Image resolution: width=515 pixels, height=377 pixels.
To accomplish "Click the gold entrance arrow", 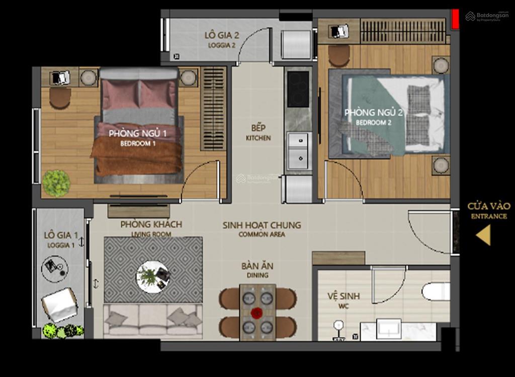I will [484, 235].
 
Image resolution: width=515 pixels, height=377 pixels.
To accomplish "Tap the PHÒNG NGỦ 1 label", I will [138, 134].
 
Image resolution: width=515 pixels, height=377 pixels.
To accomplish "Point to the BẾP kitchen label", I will [259, 128].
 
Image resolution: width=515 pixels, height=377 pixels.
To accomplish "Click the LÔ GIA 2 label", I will [222, 36].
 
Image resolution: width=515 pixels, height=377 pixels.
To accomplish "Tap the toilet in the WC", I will [436, 291].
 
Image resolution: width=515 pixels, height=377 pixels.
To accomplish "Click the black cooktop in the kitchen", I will [298, 89].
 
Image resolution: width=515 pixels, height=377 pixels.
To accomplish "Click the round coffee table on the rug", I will [153, 276].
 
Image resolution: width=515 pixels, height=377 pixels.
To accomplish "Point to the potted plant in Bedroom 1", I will [56, 182].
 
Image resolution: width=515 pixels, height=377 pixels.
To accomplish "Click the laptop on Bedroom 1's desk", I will [60, 78].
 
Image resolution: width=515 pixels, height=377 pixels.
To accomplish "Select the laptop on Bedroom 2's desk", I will [339, 31].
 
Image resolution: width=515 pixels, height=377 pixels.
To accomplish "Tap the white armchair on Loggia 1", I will [60, 304].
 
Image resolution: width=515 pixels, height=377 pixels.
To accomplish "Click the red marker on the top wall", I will [455, 19].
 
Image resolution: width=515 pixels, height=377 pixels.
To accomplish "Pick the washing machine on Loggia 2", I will [297, 44].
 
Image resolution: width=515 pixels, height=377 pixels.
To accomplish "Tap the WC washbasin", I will [388, 329].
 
